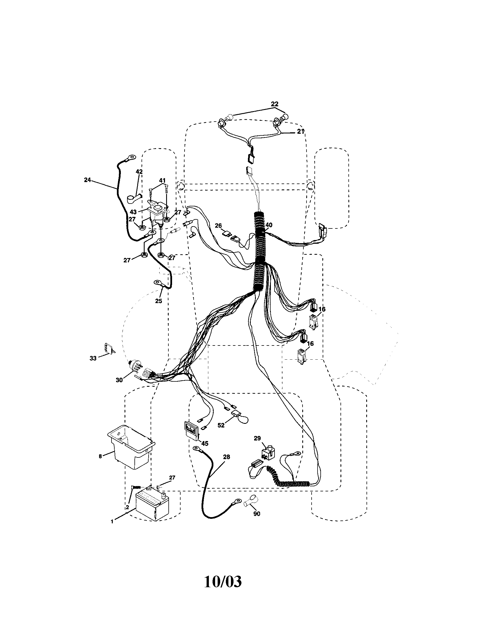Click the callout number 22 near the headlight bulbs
tap(275, 104)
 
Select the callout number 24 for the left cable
tap(87, 180)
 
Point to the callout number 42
tap(139, 172)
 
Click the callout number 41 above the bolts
tap(162, 180)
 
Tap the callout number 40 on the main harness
tap(269, 225)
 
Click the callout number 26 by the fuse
tap(218, 226)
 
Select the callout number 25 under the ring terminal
tap(158, 301)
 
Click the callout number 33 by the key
tap(93, 358)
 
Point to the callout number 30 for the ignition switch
tap(119, 380)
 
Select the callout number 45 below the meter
tap(205, 443)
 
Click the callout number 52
tap(221, 433)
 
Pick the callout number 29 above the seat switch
tap(257, 438)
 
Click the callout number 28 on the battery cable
tap(226, 457)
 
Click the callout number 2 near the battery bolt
tap(127, 507)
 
